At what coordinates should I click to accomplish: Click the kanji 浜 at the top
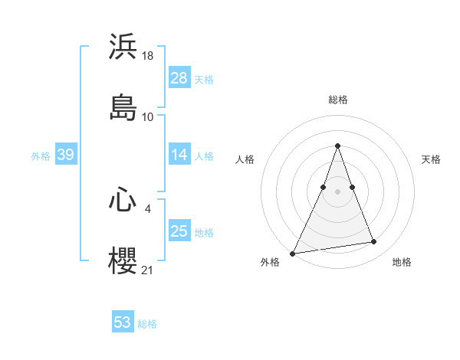123,46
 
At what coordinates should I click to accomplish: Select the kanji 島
123,107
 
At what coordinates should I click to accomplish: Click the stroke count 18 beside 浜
149,56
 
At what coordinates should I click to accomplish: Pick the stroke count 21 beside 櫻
149,270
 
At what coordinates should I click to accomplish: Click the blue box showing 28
179,78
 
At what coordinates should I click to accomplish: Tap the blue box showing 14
179,155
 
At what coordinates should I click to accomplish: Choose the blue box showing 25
179,231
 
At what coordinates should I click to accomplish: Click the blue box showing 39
65,155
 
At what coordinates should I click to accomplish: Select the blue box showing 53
123,322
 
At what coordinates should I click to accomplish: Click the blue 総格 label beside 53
147,324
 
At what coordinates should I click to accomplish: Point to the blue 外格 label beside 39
41,156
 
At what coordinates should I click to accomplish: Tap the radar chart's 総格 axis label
337,100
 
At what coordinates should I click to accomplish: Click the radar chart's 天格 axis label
431,159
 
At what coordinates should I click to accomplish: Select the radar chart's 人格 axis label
245,159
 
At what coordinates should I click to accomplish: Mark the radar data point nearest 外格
293,254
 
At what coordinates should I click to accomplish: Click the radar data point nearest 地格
374,242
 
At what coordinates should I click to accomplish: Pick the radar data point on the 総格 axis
337,146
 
